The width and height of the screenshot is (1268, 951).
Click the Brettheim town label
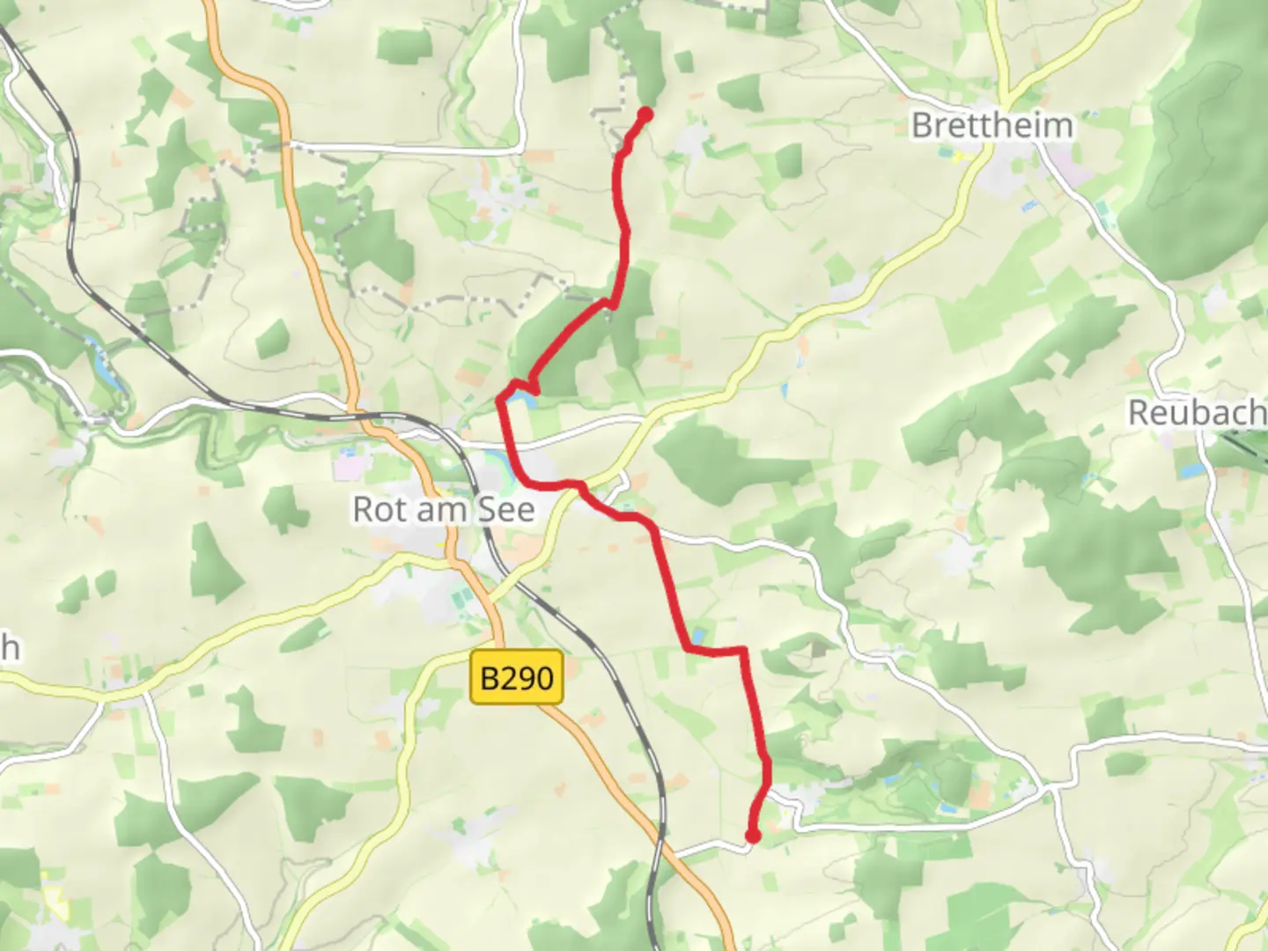(992, 125)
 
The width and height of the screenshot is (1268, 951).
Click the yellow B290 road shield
(517, 677)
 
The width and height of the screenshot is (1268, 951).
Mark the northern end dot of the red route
(645, 114)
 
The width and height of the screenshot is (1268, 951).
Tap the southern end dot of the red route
(753, 836)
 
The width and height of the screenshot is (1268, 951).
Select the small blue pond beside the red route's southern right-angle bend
(698, 635)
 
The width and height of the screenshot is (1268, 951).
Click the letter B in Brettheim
(922, 125)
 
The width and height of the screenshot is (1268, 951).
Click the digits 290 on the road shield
(527, 677)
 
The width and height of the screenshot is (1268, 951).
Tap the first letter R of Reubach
(1139, 412)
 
